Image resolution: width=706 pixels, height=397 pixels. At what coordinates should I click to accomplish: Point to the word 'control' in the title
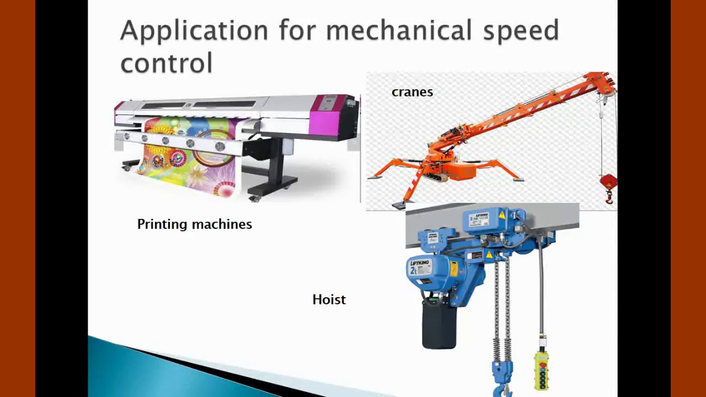pyautogui.click(x=166, y=62)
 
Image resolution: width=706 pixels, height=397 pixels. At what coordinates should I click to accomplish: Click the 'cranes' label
pyautogui.click(x=412, y=92)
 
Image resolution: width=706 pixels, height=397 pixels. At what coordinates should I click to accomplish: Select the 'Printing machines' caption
pyautogui.click(x=194, y=224)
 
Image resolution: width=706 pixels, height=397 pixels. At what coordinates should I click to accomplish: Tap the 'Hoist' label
pyautogui.click(x=329, y=299)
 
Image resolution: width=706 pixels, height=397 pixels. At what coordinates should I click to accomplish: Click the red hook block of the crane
pyautogui.click(x=608, y=183)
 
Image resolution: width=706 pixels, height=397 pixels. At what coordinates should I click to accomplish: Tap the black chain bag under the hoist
pyautogui.click(x=439, y=325)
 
